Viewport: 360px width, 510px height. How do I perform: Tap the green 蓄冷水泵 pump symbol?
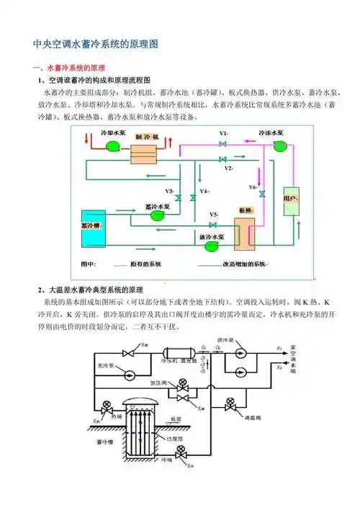tap(154, 214)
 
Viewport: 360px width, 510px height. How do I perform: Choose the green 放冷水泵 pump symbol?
tap(212, 246)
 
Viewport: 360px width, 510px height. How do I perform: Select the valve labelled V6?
tap(262, 194)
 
